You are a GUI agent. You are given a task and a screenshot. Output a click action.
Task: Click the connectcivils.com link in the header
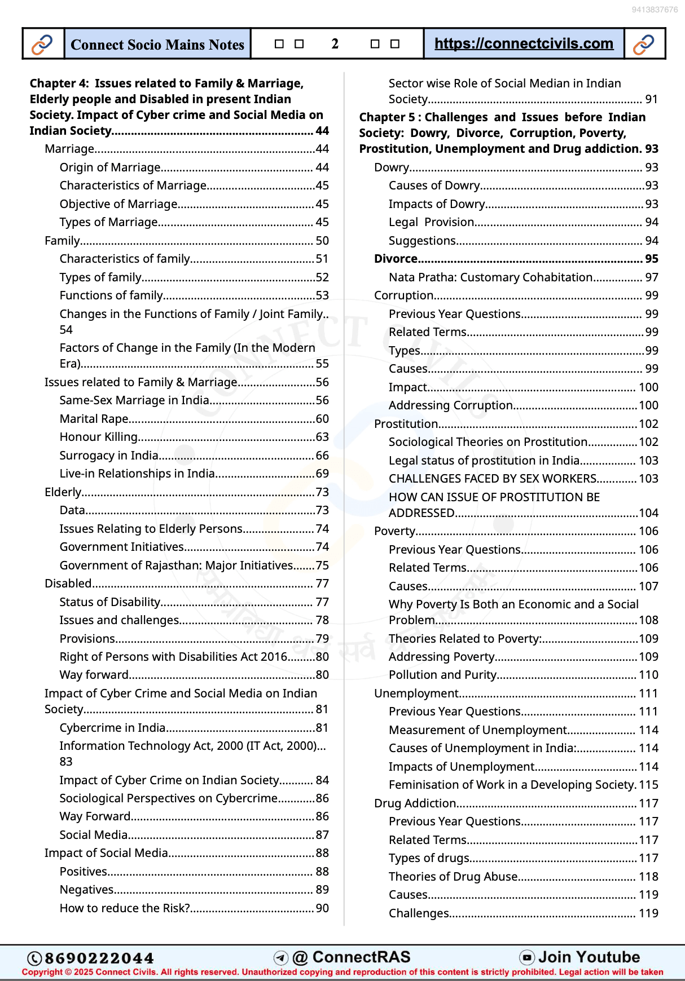tap(524, 43)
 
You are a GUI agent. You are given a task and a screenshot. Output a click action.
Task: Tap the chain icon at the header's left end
tap(42, 44)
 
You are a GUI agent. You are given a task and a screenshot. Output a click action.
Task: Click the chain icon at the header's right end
tap(644, 44)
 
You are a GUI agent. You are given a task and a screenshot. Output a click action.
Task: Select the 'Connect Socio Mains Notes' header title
tap(157, 45)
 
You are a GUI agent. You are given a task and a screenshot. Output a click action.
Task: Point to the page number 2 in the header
tap(335, 44)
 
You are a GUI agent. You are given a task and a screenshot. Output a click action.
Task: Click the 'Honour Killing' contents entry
tap(99, 437)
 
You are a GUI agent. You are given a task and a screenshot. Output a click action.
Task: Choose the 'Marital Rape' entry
tap(94, 419)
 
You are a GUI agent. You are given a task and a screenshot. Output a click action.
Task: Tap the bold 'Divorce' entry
tap(396, 259)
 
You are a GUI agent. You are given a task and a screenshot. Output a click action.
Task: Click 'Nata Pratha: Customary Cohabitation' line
tap(490, 277)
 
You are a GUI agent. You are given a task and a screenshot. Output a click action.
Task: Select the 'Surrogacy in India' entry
tap(109, 456)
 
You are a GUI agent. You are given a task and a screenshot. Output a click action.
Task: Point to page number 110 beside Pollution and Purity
tap(648, 675)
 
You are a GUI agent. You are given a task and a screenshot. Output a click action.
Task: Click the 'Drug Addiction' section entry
tap(415, 803)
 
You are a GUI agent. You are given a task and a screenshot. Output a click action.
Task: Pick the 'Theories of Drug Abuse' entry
tap(453, 877)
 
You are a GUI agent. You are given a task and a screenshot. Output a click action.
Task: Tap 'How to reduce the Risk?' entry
tap(125, 908)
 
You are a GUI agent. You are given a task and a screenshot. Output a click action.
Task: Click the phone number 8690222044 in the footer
tap(99, 958)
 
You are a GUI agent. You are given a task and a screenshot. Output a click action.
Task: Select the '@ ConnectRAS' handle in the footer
tap(351, 957)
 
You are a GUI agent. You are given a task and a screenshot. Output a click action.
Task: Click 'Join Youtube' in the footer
tap(589, 957)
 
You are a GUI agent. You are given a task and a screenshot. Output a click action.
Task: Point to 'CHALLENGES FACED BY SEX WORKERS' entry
tap(493, 479)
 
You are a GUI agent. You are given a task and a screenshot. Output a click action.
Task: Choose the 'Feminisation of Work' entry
tap(512, 785)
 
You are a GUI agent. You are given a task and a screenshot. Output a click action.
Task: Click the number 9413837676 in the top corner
tap(655, 10)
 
